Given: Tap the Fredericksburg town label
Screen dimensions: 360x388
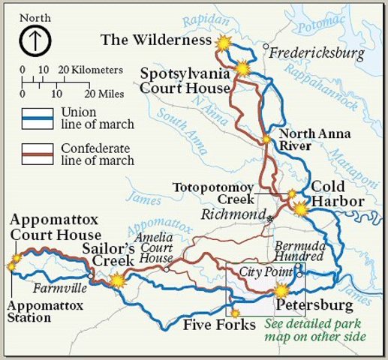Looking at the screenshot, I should (315, 53).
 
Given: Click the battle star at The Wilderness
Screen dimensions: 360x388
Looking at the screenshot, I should (223, 43).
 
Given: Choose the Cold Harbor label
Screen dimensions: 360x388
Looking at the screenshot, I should (338, 193).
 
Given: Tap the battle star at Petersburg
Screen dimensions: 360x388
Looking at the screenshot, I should (281, 290).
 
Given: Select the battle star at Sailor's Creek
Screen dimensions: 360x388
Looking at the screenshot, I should (118, 280).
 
